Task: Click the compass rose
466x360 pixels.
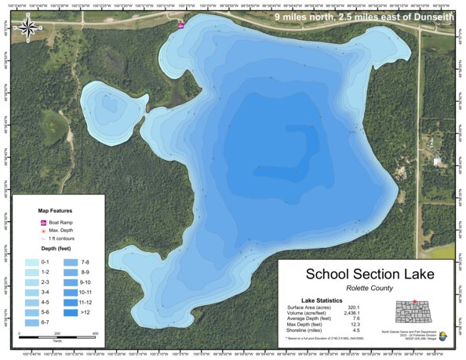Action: (x=27, y=29)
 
